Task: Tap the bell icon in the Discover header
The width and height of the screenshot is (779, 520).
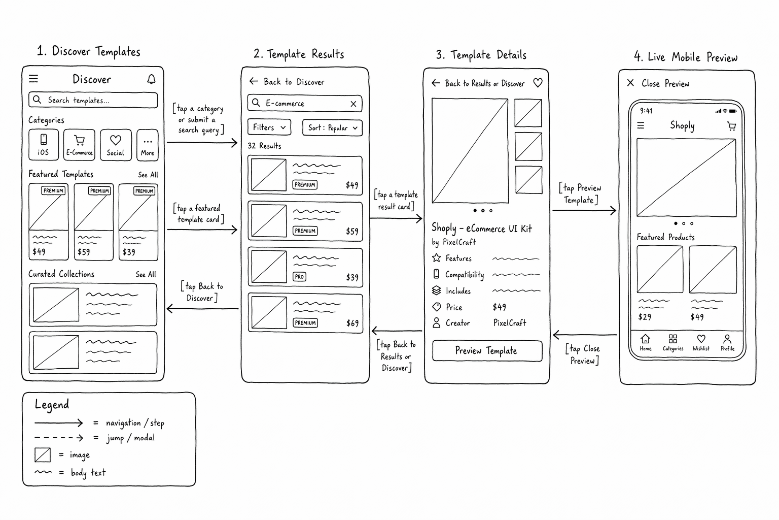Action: [151, 79]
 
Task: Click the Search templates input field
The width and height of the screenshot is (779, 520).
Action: [93, 100]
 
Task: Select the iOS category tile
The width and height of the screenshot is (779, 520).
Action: [44, 145]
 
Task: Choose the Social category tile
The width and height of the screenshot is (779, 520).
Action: [116, 145]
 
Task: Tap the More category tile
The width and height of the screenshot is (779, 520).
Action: [148, 145]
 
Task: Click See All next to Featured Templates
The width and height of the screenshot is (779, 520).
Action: [148, 175]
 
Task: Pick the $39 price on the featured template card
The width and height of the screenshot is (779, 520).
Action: [129, 251]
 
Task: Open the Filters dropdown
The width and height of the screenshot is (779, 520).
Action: [269, 127]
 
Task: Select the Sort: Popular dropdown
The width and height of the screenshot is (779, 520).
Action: [333, 128]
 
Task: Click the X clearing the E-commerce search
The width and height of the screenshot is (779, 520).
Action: [353, 104]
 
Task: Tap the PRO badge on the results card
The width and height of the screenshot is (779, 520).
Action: [299, 277]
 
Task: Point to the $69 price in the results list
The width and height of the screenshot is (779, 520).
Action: [352, 323]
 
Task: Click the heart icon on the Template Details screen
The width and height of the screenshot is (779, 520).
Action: [538, 83]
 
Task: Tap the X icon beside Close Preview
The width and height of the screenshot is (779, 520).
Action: [630, 83]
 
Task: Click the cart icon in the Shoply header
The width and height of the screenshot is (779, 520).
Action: [731, 126]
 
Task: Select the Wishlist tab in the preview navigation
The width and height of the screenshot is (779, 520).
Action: [701, 343]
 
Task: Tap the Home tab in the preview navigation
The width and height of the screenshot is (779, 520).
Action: [646, 343]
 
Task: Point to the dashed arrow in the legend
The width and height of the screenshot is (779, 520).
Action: [59, 438]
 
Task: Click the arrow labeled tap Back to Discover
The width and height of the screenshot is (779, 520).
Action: [203, 309]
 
